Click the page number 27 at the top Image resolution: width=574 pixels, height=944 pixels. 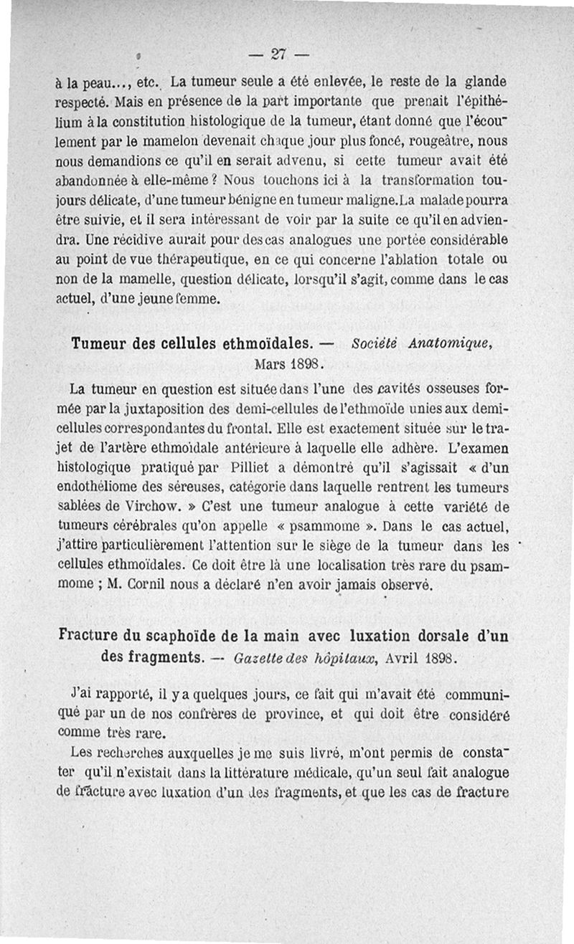(279, 54)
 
